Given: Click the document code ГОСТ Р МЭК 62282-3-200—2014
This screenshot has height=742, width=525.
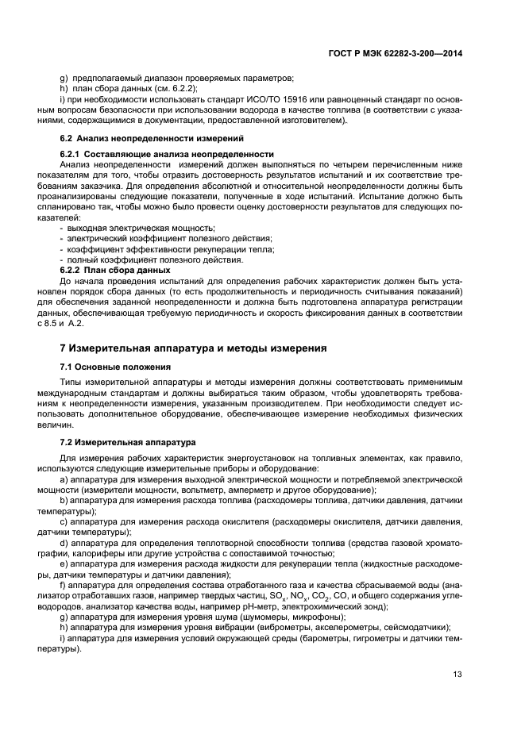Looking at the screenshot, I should coord(396,52).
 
